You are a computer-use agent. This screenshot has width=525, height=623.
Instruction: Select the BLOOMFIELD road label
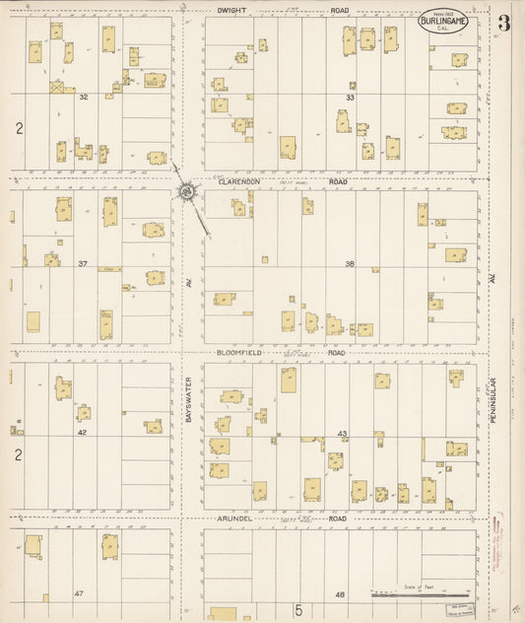coord(237,352)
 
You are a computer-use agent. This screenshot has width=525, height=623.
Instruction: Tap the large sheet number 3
coord(503,24)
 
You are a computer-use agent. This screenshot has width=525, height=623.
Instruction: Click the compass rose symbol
coord(185,189)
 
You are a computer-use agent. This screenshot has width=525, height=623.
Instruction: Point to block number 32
coord(84,97)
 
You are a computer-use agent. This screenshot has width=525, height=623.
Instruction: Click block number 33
coord(349,98)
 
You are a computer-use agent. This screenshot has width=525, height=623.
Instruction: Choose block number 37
coord(84,264)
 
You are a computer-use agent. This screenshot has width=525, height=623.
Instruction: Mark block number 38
coord(349,264)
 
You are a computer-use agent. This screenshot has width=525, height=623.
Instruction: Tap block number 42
coord(83,433)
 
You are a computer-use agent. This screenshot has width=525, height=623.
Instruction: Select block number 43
coord(343,434)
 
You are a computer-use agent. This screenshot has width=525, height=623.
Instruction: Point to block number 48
coord(340,595)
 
